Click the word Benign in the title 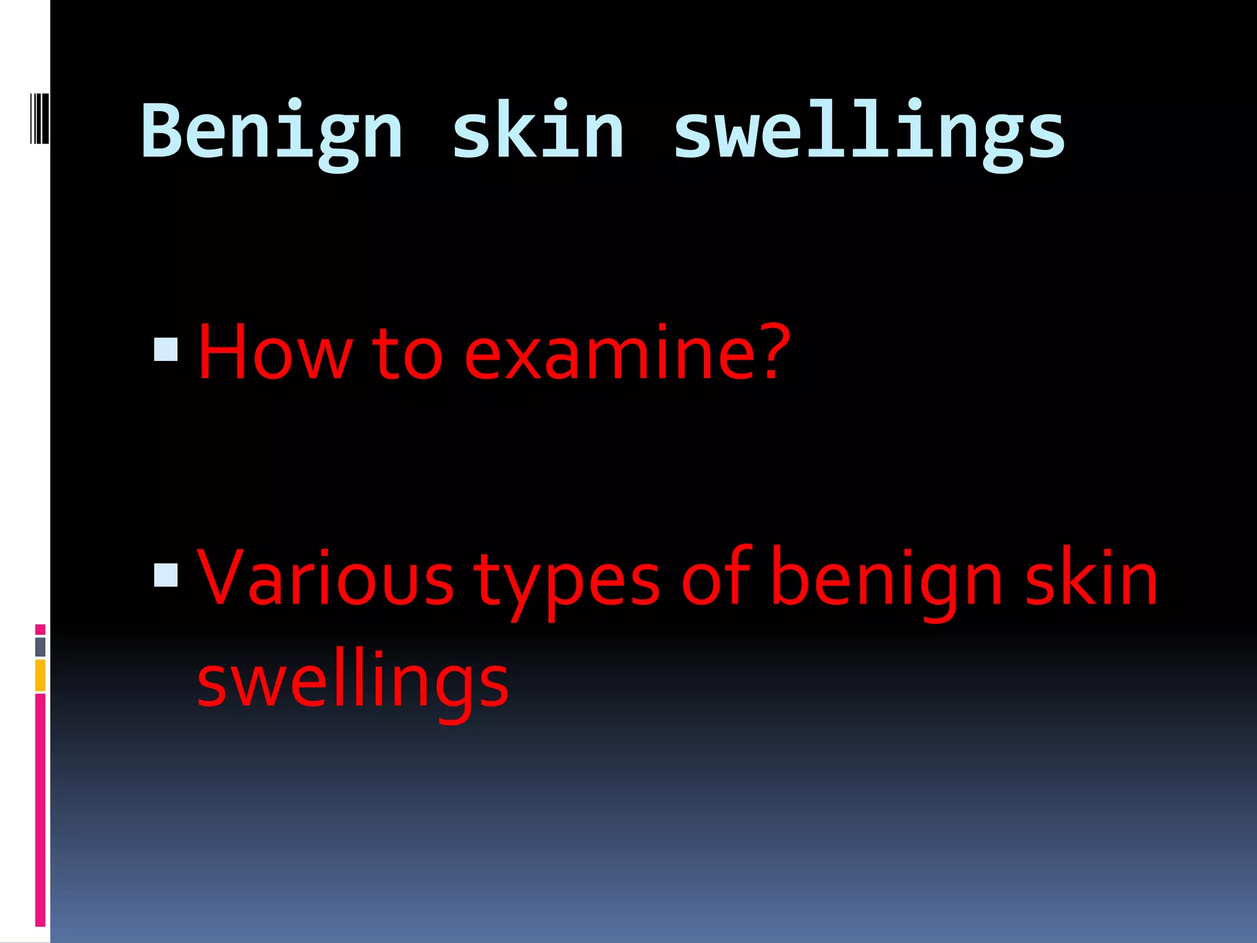click(x=271, y=132)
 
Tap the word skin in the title click(x=538, y=132)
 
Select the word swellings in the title click(x=869, y=132)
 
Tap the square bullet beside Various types click(x=166, y=575)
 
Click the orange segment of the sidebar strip click(x=41, y=675)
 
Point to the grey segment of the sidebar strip click(x=41, y=646)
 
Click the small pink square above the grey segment click(x=41, y=629)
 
